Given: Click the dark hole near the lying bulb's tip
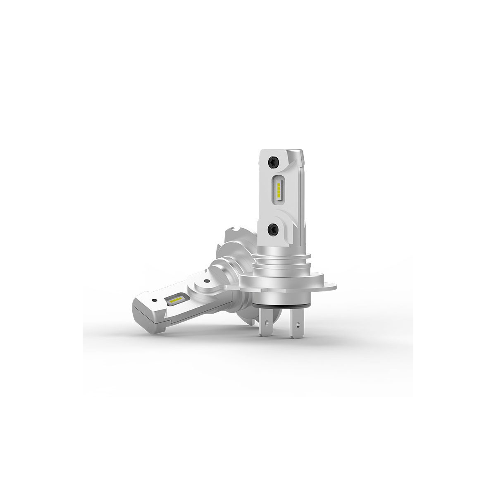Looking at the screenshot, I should (x=154, y=300).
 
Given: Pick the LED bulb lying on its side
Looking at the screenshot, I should (x=186, y=289).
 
